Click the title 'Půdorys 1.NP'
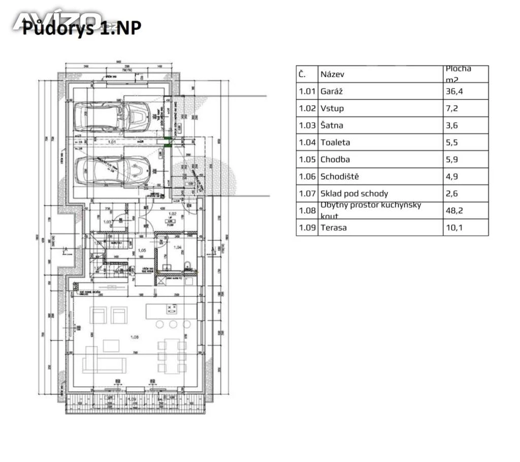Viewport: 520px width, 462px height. click(x=81, y=28)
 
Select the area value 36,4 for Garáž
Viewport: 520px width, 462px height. click(x=453, y=91)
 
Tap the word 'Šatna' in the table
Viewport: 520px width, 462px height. click(x=332, y=126)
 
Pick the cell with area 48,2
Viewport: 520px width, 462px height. click(x=453, y=210)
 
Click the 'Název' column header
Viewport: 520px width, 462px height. click(x=333, y=74)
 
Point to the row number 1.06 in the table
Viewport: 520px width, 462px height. click(x=307, y=176)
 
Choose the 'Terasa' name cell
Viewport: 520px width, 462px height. click(x=334, y=227)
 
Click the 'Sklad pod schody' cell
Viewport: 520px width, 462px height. click(x=354, y=194)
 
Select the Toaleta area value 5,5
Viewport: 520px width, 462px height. click(x=451, y=143)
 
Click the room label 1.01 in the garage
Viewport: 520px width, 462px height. click(x=113, y=142)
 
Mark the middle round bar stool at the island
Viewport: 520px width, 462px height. click(x=173, y=324)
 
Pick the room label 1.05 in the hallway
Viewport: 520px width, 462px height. click(x=142, y=251)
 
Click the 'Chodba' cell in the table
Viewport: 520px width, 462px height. click(x=335, y=160)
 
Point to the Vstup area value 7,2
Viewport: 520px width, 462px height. click(x=451, y=109)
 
